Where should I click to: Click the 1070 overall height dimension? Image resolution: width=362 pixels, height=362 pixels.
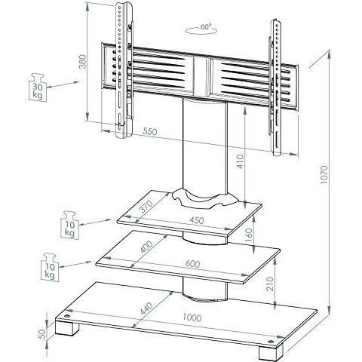click(x=324, y=174)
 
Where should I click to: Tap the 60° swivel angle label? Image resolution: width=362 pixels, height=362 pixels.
click(x=206, y=26)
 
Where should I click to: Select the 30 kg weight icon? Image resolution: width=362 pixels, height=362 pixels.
click(x=38, y=87)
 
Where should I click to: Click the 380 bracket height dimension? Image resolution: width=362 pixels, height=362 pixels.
click(x=82, y=61)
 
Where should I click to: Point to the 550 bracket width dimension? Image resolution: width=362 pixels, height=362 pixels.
click(x=150, y=131)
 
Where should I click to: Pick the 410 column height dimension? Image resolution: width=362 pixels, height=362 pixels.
click(x=241, y=161)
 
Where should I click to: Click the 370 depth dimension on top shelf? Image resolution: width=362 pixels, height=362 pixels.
click(x=146, y=207)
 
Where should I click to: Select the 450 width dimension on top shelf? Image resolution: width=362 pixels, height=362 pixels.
click(x=197, y=220)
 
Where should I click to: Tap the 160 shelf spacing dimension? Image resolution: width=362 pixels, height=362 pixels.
click(x=249, y=235)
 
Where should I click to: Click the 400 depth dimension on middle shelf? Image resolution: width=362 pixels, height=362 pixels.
click(x=146, y=247)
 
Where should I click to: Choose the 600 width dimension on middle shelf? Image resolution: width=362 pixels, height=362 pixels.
click(x=192, y=264)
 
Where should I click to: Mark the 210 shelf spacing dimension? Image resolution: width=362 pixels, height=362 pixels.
click(x=270, y=284)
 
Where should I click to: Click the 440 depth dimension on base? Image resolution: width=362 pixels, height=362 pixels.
click(x=146, y=308)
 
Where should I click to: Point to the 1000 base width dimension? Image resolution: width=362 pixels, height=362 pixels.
click(x=192, y=318)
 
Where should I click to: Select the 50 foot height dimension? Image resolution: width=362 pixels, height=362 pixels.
click(x=42, y=333)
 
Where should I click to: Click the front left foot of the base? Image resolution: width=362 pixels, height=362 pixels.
click(x=67, y=327)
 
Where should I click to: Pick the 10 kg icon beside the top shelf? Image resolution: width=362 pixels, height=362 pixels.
click(x=70, y=225)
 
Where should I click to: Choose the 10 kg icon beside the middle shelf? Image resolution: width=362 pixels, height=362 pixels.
click(x=50, y=267)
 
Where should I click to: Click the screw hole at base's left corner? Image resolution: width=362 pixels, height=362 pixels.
click(x=67, y=316)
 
